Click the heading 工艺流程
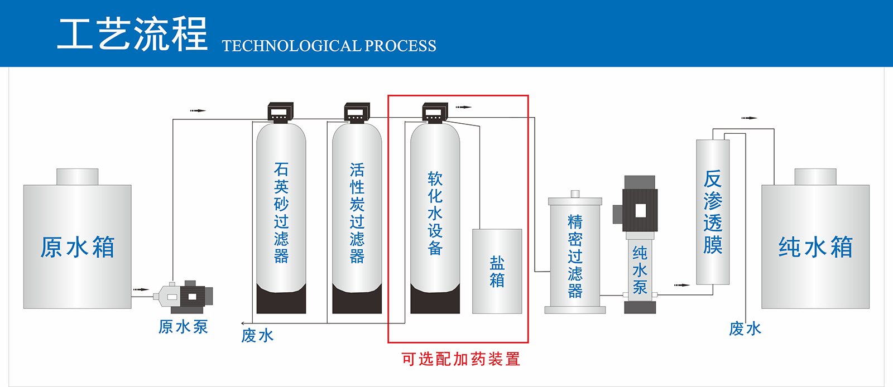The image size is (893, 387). point(132,35)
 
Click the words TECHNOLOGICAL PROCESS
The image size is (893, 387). point(329,46)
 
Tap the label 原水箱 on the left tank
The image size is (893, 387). point(78,247)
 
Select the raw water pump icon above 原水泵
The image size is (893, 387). point(184,296)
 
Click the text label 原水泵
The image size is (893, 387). point(183,327)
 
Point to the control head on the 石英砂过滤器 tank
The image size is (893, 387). point(281,112)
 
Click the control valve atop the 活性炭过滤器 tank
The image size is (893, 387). point(357,112)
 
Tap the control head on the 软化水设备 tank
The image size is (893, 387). point(435,112)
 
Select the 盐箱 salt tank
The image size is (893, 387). point(497,271)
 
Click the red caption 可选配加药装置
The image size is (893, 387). point(460,359)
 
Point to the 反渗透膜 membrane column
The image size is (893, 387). point(713,212)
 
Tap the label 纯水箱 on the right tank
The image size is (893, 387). point(815,247)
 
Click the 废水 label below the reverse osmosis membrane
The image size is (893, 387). point(745,329)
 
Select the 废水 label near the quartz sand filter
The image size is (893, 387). point(257,335)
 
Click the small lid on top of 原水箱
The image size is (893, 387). point(78,177)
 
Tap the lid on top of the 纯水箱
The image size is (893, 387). point(815,177)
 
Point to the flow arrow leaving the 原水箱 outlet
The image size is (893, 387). point(141,289)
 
